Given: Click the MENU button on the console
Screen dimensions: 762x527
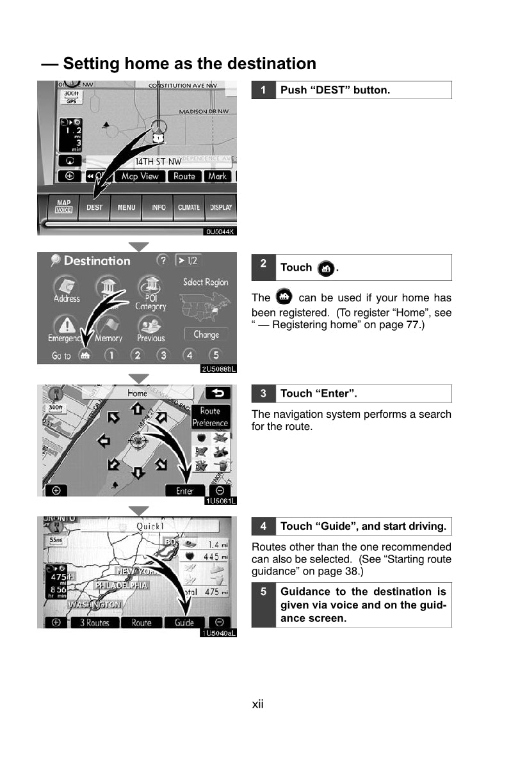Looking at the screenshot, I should point(126,207).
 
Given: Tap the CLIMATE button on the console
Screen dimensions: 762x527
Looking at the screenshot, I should point(188,207).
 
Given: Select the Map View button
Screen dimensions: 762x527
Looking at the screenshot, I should point(140,176).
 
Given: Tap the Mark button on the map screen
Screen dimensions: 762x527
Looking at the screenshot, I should point(218,176).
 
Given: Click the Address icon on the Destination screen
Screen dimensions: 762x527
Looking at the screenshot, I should point(67,289).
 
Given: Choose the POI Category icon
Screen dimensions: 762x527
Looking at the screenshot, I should point(150,293).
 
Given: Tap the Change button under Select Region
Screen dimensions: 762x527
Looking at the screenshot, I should point(206,335).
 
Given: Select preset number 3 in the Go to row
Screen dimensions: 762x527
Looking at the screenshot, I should point(163,355).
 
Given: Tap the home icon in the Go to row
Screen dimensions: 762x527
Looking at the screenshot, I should point(84,355).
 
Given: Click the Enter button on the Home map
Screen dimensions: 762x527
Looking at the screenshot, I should point(184,491).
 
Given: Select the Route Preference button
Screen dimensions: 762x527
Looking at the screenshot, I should point(210,417).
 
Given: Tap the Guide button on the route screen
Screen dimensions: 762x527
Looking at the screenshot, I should point(184,623).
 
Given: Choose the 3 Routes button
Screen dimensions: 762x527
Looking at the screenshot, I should point(94,623).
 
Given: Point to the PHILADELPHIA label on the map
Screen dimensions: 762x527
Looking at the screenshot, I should point(121,585).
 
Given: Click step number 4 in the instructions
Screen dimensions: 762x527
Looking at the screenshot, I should point(263,527).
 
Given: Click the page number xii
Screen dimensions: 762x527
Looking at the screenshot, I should point(257,704).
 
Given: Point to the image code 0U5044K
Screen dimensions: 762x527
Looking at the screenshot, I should point(220,231).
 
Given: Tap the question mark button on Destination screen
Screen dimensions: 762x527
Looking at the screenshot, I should point(163,260).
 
